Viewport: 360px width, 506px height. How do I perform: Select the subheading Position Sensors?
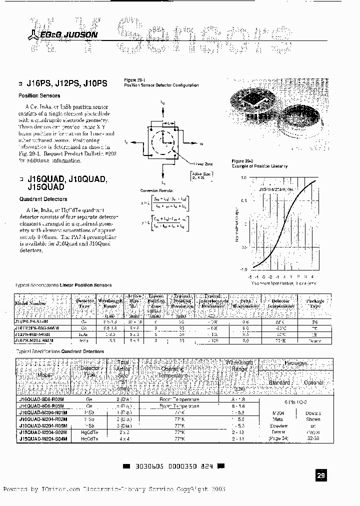[x=39, y=95]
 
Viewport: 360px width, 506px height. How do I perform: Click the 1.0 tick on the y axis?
[x=243, y=177]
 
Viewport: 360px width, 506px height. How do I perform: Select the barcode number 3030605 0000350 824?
[x=172, y=466]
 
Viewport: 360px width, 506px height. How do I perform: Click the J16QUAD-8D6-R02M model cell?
[x=42, y=399]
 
